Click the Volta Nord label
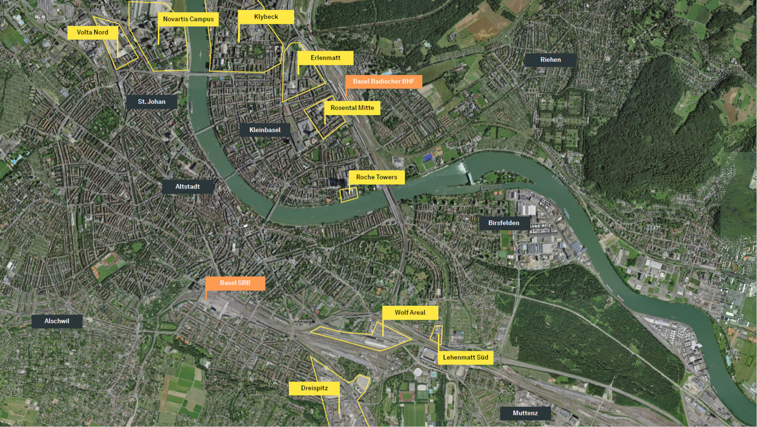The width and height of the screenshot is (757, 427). click(x=92, y=32)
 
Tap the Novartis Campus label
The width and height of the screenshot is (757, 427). click(x=188, y=19)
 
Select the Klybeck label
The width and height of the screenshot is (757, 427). click(x=266, y=17)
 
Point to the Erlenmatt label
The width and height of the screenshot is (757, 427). click(x=325, y=58)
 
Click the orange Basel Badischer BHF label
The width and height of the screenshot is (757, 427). click(x=384, y=81)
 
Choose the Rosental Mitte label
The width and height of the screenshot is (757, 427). click(x=352, y=108)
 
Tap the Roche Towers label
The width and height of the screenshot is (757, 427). click(x=377, y=177)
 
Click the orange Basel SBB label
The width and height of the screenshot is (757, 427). click(x=235, y=283)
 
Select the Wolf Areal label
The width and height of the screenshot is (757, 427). click(x=410, y=313)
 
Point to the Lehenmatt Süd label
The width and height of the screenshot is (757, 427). click(x=465, y=358)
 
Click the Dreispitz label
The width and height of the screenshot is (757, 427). click(x=314, y=388)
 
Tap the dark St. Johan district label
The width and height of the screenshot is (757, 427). click(x=151, y=102)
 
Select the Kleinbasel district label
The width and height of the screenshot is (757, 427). click(x=265, y=130)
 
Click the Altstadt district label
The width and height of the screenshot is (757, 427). click(x=188, y=187)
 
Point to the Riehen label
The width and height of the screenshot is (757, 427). click(x=550, y=60)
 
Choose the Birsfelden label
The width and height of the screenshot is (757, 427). click(x=503, y=223)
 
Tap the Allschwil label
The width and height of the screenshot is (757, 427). click(x=57, y=321)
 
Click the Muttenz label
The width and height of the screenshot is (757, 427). click(x=525, y=413)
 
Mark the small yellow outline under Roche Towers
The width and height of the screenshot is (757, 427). click(x=349, y=195)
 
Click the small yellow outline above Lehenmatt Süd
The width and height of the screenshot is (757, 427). click(x=436, y=333)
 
